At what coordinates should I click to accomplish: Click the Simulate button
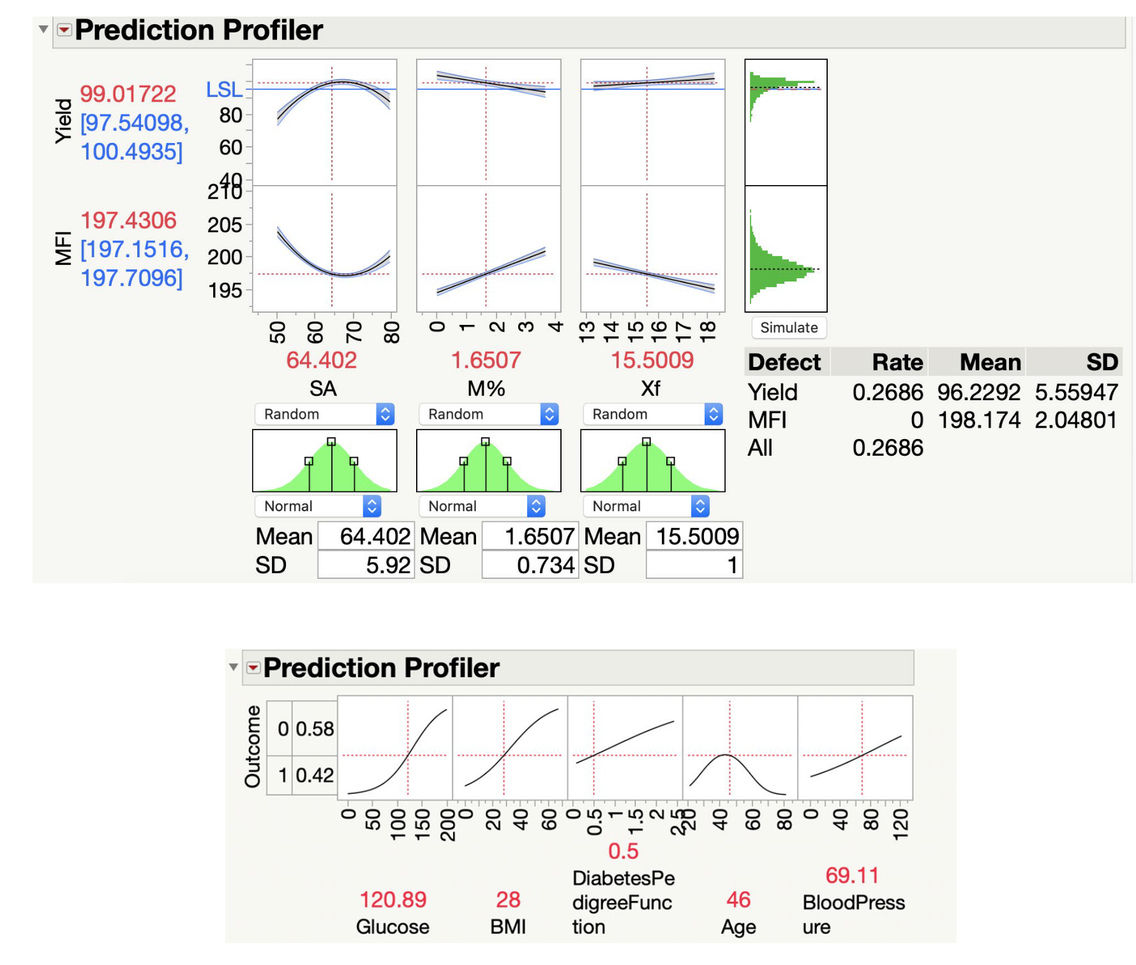coord(789,327)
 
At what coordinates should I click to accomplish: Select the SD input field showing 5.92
coord(366,565)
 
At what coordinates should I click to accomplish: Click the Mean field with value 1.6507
coord(530,536)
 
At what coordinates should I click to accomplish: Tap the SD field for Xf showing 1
coord(694,565)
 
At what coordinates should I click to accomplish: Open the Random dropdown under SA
coord(324,414)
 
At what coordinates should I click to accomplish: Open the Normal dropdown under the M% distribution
coord(481,506)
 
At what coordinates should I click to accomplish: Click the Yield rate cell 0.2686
coord(887,392)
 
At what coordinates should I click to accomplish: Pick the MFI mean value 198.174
coord(978,420)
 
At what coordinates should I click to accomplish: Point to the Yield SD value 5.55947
coord(1076,392)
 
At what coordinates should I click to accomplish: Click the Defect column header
coord(784,363)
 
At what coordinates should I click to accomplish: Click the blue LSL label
coord(224,89)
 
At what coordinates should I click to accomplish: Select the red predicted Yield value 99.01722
coord(128,94)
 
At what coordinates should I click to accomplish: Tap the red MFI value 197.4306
coord(128,220)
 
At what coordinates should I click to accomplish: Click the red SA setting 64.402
coord(321,360)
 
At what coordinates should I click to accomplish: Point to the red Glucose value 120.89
coord(392,899)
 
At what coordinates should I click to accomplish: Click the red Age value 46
coord(738,899)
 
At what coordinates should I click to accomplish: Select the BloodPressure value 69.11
coord(851,875)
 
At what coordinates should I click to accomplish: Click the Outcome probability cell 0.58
coord(315,729)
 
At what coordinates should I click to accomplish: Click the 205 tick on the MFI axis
coord(225,225)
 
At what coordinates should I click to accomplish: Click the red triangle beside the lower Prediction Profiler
coord(253,668)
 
